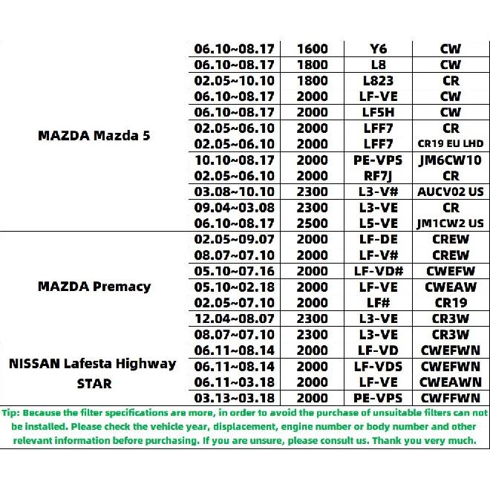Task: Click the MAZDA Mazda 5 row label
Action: [94, 136]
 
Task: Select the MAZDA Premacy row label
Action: [94, 286]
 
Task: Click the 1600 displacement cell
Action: [312, 49]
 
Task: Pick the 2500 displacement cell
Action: [312, 223]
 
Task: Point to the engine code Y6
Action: [379, 49]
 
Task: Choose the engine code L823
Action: [379, 80]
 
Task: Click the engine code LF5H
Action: [379, 112]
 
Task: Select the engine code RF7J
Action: [379, 175]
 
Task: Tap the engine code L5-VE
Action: [379, 223]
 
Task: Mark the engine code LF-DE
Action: [379, 239]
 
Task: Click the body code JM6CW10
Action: [450, 160]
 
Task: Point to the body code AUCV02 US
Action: [450, 192]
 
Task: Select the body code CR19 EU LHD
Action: [450, 143]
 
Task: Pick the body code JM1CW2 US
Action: [450, 223]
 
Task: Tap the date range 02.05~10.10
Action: [235, 80]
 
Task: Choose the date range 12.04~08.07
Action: [235, 318]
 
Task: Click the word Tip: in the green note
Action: [12, 413]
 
